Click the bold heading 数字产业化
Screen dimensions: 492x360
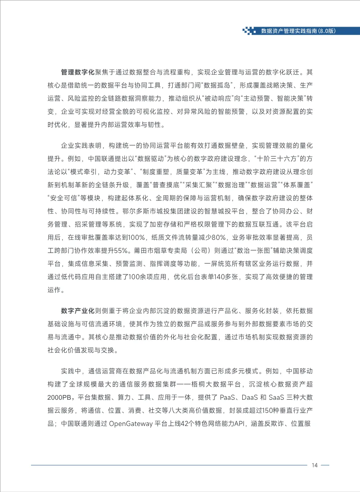pos(78,311)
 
